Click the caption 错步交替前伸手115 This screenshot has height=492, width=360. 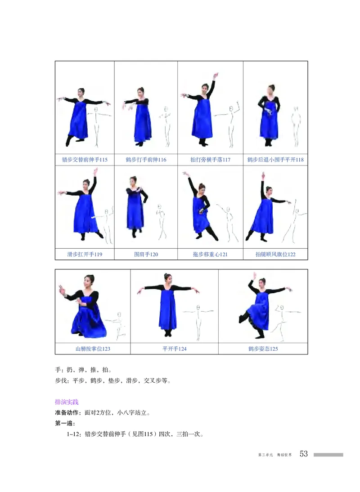pyautogui.click(x=85, y=160)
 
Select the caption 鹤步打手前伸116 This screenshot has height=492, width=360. pyautogui.click(x=146, y=160)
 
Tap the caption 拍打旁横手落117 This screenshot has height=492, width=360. pyautogui.click(x=210, y=160)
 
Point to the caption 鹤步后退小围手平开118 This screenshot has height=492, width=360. pyautogui.click(x=275, y=160)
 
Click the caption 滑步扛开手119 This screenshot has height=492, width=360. pyautogui.click(x=85, y=255)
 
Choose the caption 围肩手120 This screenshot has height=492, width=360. pyautogui.click(x=146, y=255)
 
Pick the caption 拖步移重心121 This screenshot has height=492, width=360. pyautogui.click(x=210, y=255)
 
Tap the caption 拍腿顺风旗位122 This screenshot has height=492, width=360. pyautogui.click(x=275, y=255)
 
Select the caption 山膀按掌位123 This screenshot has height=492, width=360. pyautogui.click(x=93, y=349)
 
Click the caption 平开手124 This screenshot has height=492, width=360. pyautogui.click(x=174, y=349)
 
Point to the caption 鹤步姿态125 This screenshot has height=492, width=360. pyautogui.click(x=263, y=349)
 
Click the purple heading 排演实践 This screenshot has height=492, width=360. pyautogui.click(x=66, y=402)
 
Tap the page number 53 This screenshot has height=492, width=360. pyautogui.click(x=304, y=454)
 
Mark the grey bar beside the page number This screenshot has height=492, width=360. pyautogui.click(x=328, y=455)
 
